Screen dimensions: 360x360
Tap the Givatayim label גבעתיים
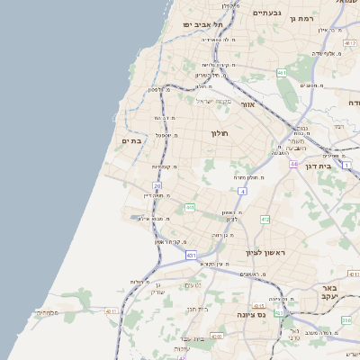267,13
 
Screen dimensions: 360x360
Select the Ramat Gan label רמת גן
320,18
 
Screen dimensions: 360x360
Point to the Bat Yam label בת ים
131,140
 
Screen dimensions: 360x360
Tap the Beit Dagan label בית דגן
338,166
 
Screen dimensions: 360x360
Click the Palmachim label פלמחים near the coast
48,312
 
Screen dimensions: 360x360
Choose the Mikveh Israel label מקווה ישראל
214,100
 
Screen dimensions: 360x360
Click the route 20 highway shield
157,185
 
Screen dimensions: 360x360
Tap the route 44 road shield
293,165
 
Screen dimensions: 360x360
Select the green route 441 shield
190,208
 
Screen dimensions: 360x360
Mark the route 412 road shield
265,219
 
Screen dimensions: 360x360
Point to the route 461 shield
282,72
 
